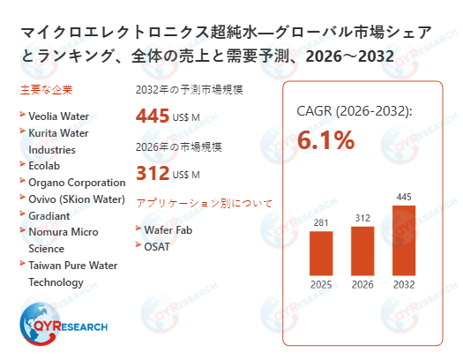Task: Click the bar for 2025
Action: click(321, 253)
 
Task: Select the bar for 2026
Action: click(362, 251)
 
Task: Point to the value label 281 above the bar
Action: click(321, 222)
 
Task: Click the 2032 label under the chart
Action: click(403, 284)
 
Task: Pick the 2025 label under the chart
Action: click(321, 284)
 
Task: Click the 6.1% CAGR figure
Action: click(325, 139)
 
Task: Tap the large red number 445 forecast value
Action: click(153, 116)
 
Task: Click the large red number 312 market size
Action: click(152, 172)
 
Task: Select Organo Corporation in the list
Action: click(77, 182)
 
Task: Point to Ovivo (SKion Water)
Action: click(77, 198)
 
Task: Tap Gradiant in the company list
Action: click(50, 214)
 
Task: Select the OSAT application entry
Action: click(159, 246)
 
